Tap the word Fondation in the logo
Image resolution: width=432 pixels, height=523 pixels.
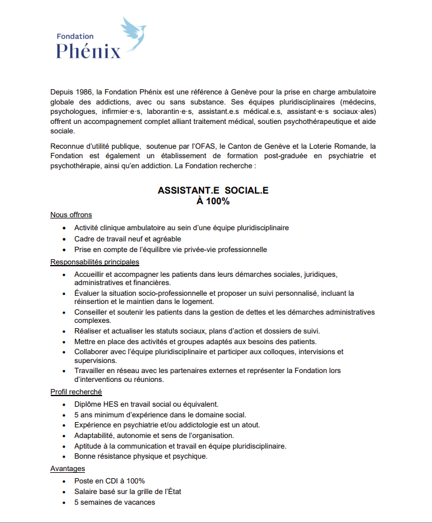pyautogui.click(x=75, y=36)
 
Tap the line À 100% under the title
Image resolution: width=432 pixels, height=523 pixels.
pyautogui.click(x=213, y=201)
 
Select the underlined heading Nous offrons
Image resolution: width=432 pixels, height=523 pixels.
pyautogui.click(x=71, y=215)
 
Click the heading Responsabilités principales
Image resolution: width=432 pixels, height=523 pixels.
pyautogui.click(x=94, y=261)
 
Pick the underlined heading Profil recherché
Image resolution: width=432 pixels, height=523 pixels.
pyautogui.click(x=76, y=391)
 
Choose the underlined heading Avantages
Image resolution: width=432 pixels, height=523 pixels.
pyautogui.click(x=67, y=468)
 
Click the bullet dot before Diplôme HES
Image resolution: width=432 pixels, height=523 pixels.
pyautogui.click(x=64, y=404)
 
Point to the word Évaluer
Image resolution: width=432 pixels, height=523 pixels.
pyautogui.click(x=87, y=293)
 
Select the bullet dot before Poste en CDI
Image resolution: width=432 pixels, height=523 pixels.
pyautogui.click(x=64, y=481)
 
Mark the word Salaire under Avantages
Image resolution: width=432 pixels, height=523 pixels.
pyautogui.click(x=87, y=492)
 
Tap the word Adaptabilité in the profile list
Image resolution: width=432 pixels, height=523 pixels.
pyautogui.click(x=96, y=436)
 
